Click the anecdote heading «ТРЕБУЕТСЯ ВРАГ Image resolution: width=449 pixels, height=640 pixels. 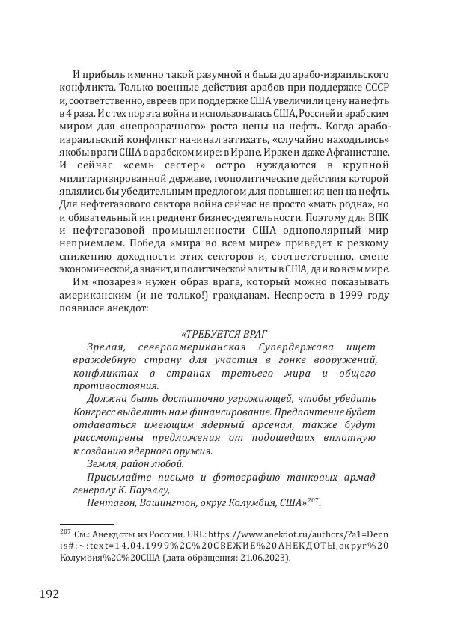(224, 333)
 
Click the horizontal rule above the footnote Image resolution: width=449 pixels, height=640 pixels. (87, 525)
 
